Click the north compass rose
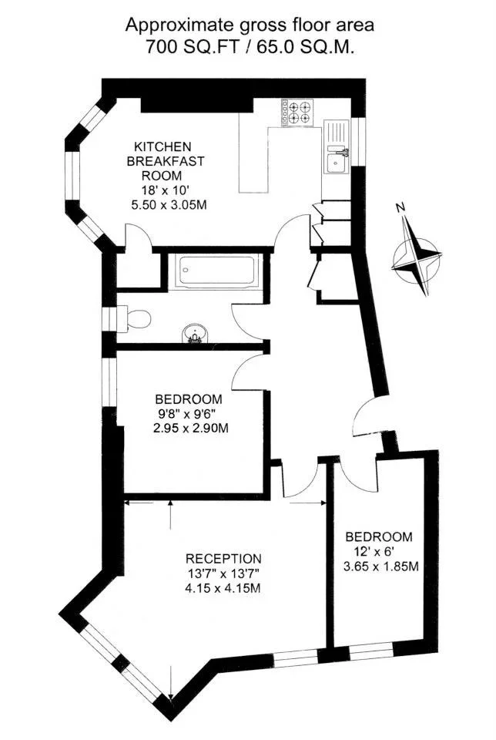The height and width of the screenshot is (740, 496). (x=417, y=260)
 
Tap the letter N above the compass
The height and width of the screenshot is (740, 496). (x=400, y=207)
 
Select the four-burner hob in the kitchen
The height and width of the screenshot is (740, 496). (x=298, y=113)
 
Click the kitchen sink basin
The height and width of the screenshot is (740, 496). (x=336, y=164)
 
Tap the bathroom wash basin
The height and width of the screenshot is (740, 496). (x=193, y=332)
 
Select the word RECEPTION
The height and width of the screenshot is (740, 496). (x=223, y=559)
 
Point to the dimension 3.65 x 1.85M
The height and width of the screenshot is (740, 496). (x=381, y=566)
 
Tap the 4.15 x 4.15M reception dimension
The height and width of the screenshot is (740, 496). (x=224, y=588)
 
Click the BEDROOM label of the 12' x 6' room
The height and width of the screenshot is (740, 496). (x=379, y=536)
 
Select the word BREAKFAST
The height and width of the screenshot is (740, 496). (x=165, y=161)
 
